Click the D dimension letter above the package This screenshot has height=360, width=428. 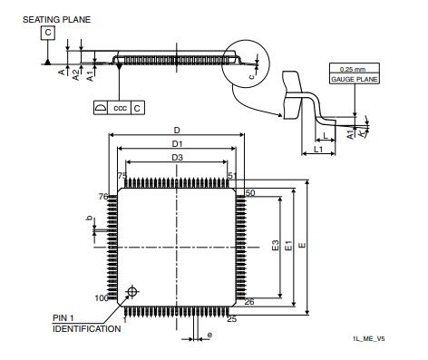click(x=177, y=130)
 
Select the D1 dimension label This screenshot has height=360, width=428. click(x=178, y=144)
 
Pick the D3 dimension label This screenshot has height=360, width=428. click(x=178, y=158)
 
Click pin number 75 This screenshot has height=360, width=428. click(x=122, y=176)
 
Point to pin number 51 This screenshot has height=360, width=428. click(x=232, y=176)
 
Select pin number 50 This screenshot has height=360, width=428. click(x=249, y=192)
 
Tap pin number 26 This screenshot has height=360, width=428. click(x=248, y=302)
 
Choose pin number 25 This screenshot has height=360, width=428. click(x=231, y=319)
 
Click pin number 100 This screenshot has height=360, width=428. click(x=102, y=297)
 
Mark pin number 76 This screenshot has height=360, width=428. click(x=102, y=196)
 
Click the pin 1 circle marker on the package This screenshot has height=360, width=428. click(x=133, y=291)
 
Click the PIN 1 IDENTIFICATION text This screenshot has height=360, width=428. click(x=85, y=324)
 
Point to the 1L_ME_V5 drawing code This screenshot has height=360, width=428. click(x=369, y=339)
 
